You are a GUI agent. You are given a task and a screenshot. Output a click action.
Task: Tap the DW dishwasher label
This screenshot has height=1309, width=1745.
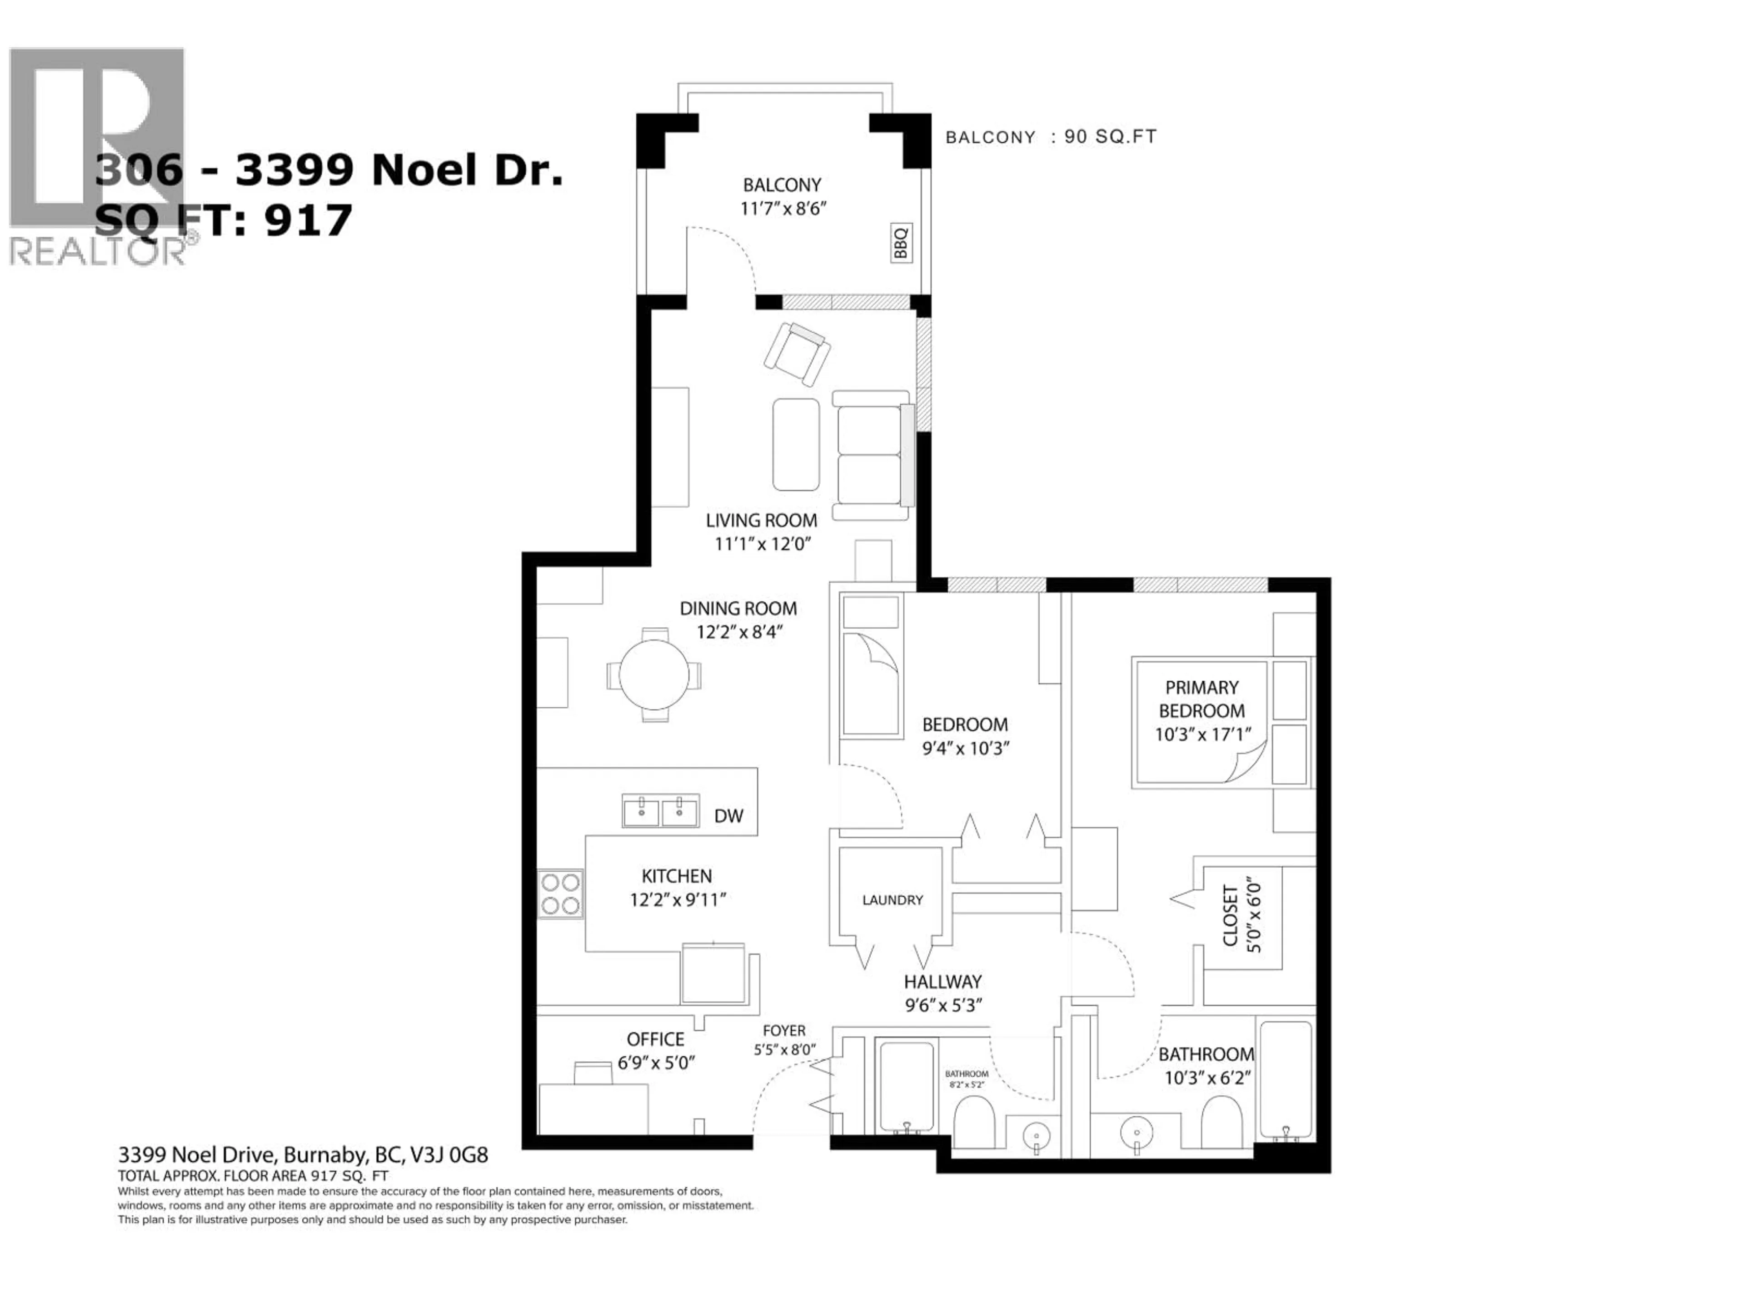[728, 816]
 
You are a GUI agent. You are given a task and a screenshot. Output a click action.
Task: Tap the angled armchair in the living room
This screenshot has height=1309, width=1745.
[797, 354]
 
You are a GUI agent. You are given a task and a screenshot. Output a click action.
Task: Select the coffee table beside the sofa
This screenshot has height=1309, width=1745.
[795, 444]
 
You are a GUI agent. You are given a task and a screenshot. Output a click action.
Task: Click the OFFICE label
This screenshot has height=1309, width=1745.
[655, 1039]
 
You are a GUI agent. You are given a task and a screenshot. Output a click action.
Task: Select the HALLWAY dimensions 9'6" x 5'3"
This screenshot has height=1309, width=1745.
[943, 1005]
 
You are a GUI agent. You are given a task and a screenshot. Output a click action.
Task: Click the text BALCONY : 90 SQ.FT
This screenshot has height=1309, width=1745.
[1050, 136]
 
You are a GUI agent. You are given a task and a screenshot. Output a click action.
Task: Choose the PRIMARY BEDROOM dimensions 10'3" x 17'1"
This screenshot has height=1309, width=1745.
[1202, 734]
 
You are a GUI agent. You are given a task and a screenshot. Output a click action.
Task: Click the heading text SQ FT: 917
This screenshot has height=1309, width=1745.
[223, 220]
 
